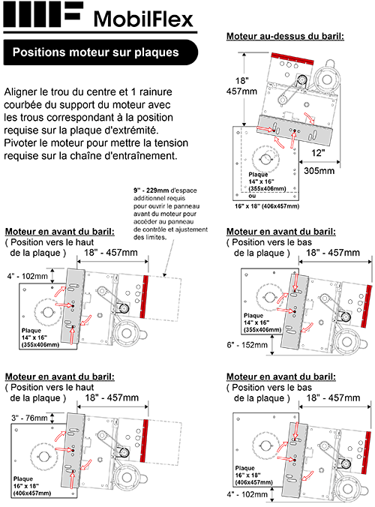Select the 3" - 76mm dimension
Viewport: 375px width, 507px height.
[x=26, y=418]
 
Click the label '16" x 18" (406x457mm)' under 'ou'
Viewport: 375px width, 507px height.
[x=267, y=205]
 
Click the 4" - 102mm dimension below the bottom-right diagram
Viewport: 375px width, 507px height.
[x=247, y=494]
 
